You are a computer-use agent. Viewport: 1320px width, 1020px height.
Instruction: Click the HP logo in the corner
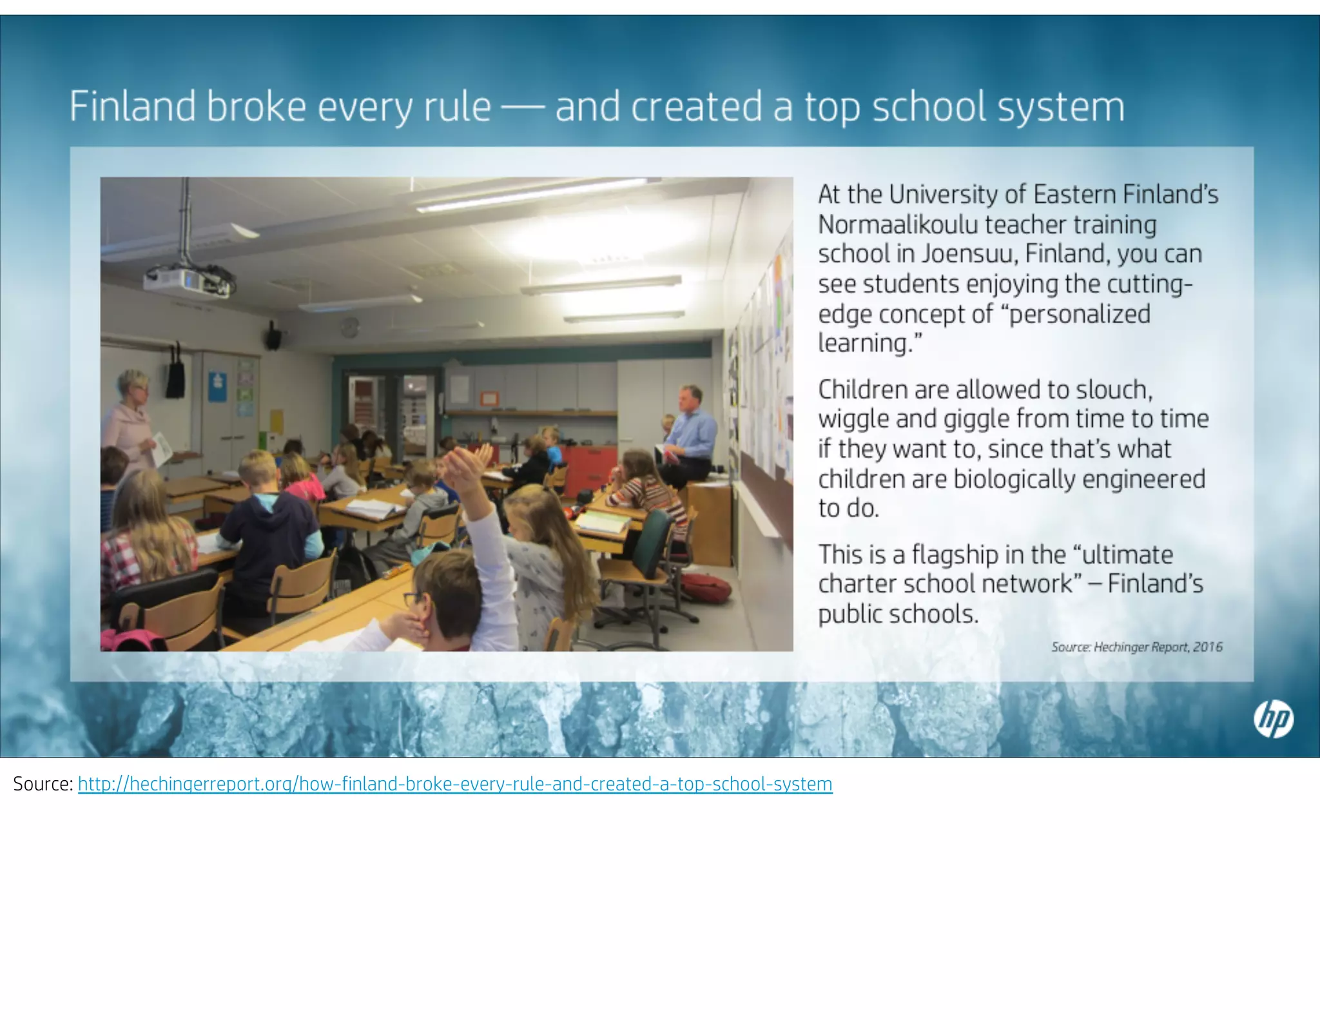(1273, 720)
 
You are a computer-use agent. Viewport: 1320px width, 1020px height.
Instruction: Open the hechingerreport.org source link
(455, 784)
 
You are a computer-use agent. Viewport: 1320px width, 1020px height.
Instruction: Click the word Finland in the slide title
(133, 106)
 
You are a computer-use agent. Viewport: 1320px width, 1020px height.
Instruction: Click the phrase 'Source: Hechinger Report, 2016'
(1136, 647)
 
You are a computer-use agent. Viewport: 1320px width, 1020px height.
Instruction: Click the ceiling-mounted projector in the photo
(186, 281)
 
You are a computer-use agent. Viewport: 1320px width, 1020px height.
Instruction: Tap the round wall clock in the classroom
(349, 327)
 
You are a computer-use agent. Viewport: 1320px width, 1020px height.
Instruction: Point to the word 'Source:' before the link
(43, 784)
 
